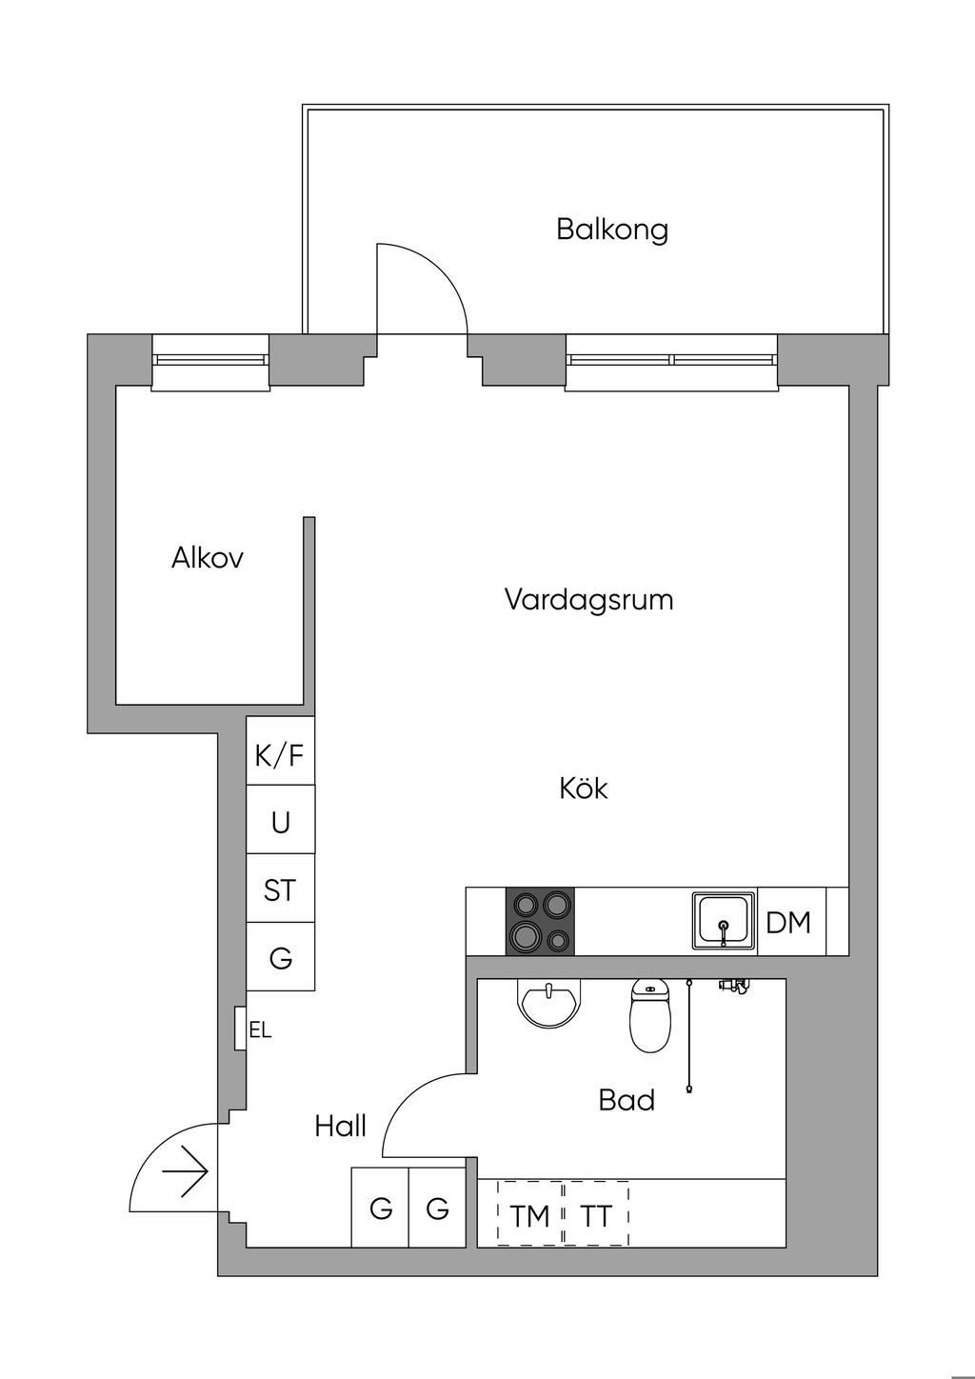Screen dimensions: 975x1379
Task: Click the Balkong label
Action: click(612, 230)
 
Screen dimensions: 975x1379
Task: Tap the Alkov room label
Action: click(207, 558)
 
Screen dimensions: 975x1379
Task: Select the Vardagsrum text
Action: click(588, 600)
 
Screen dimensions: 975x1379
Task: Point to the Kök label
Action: click(583, 789)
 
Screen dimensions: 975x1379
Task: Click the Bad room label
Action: click(627, 1100)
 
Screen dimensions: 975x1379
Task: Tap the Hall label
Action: click(340, 1127)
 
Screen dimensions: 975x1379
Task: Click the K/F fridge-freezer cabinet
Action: click(280, 756)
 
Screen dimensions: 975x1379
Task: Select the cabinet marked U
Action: click(280, 822)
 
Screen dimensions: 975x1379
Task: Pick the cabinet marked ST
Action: click(280, 890)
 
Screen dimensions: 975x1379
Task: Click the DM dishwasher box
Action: click(789, 922)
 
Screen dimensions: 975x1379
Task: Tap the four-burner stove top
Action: click(541, 921)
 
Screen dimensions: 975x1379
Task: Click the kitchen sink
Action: click(724, 921)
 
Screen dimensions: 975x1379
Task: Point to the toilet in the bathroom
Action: click(650, 1017)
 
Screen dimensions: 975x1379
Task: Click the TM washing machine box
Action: click(529, 1215)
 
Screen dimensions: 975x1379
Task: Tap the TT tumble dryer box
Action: click(596, 1215)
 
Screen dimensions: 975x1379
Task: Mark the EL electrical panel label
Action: click(260, 1030)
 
